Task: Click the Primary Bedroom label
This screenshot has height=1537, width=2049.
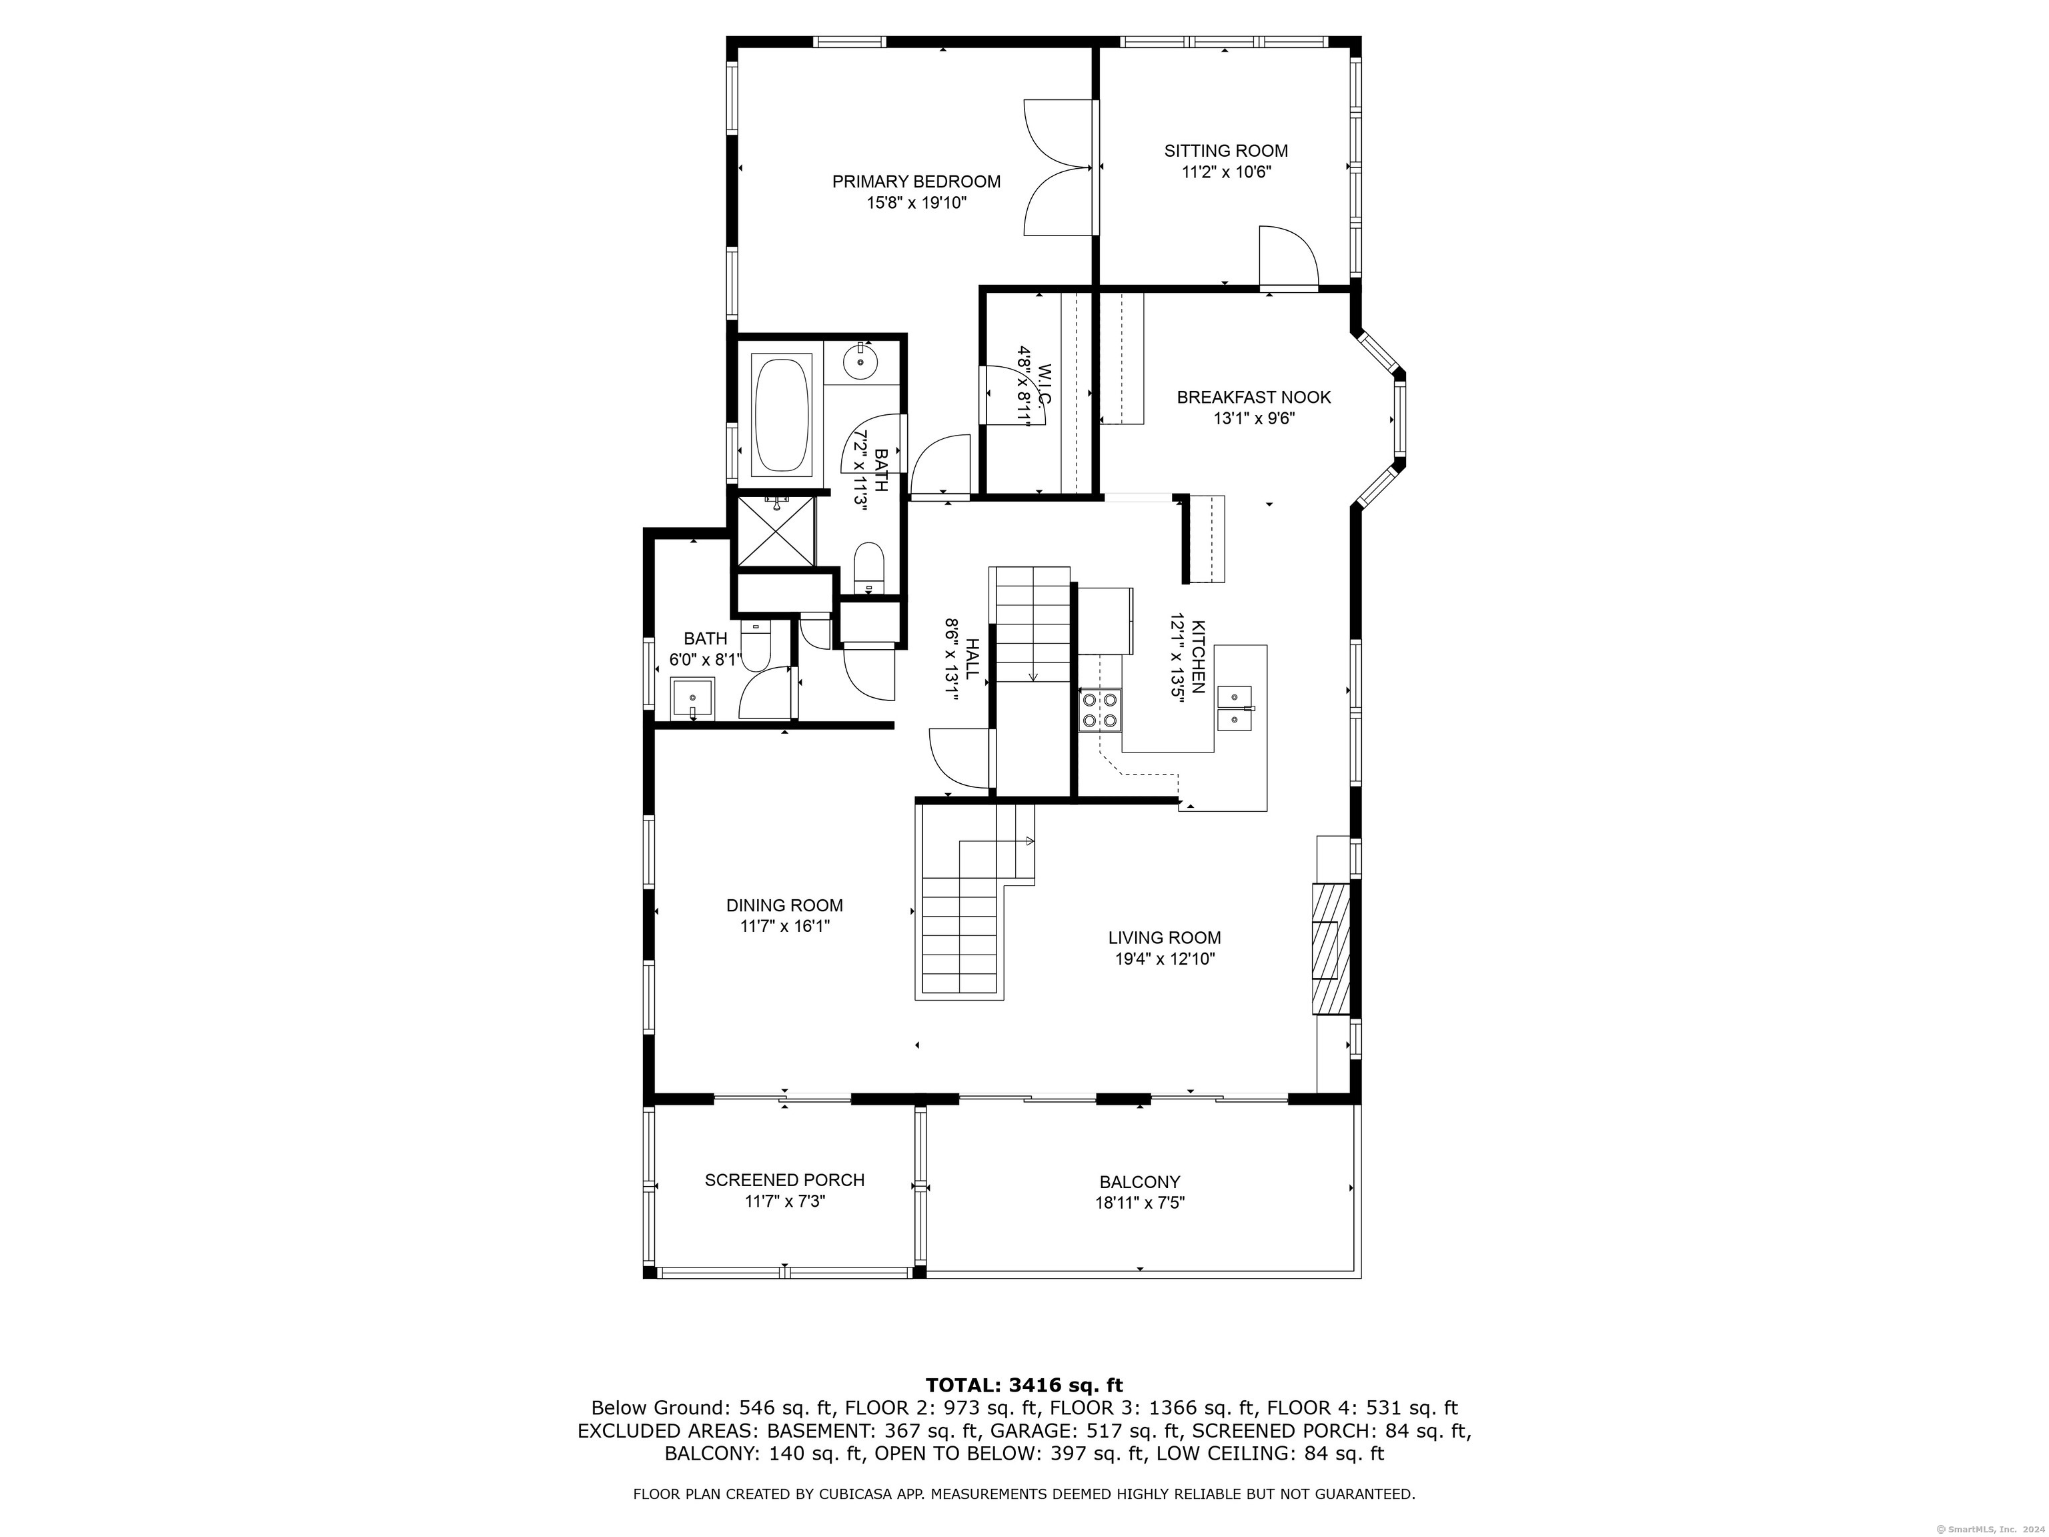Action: [916, 181]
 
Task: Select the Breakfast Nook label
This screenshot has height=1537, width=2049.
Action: [1253, 398]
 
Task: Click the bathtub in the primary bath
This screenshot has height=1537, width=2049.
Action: [783, 417]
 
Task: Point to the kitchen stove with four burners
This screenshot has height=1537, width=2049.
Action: [1099, 710]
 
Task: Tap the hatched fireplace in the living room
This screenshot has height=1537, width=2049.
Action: [1329, 949]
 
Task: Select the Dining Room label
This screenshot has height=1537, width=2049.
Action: [784, 905]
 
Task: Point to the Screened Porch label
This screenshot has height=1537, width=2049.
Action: [784, 1180]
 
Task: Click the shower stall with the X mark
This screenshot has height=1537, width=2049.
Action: [774, 531]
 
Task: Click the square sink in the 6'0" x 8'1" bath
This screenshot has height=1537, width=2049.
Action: [692, 698]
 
